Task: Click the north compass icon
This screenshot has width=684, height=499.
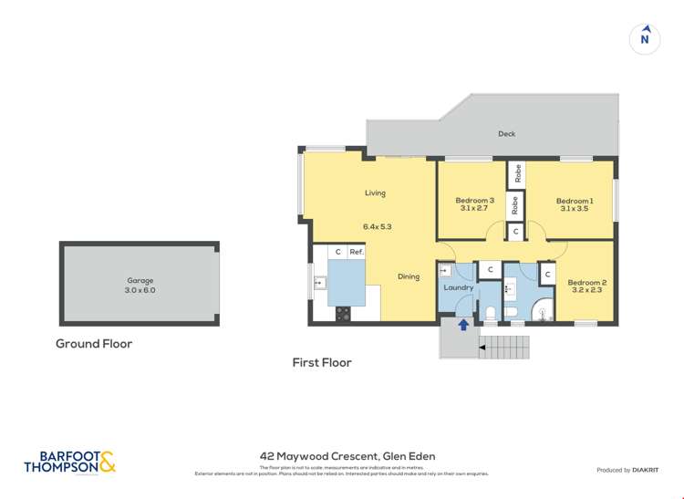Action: coord(645,38)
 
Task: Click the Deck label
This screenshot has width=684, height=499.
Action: coord(506,134)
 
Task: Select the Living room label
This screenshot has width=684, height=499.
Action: coord(375,192)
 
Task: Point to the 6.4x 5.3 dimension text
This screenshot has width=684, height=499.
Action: coord(377,226)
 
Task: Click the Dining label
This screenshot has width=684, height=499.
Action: coord(409,276)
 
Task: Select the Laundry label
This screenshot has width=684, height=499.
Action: coord(458,288)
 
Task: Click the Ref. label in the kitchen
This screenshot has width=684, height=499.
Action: coord(357,252)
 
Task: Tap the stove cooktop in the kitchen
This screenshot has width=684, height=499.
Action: coord(343,313)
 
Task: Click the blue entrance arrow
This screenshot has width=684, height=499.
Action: coord(463,324)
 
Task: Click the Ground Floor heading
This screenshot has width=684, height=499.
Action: coord(94,344)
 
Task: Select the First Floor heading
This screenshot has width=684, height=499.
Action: coord(322,362)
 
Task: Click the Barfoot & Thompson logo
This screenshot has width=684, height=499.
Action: coord(70,463)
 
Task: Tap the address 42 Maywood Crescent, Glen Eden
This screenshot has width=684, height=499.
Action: coord(347,456)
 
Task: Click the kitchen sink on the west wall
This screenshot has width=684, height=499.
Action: coord(318,283)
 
